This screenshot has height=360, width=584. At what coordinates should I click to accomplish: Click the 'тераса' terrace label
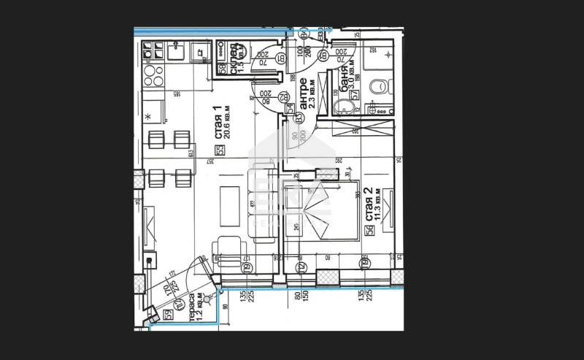click(192, 307)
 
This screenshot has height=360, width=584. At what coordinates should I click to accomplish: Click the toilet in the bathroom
click(377, 87)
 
